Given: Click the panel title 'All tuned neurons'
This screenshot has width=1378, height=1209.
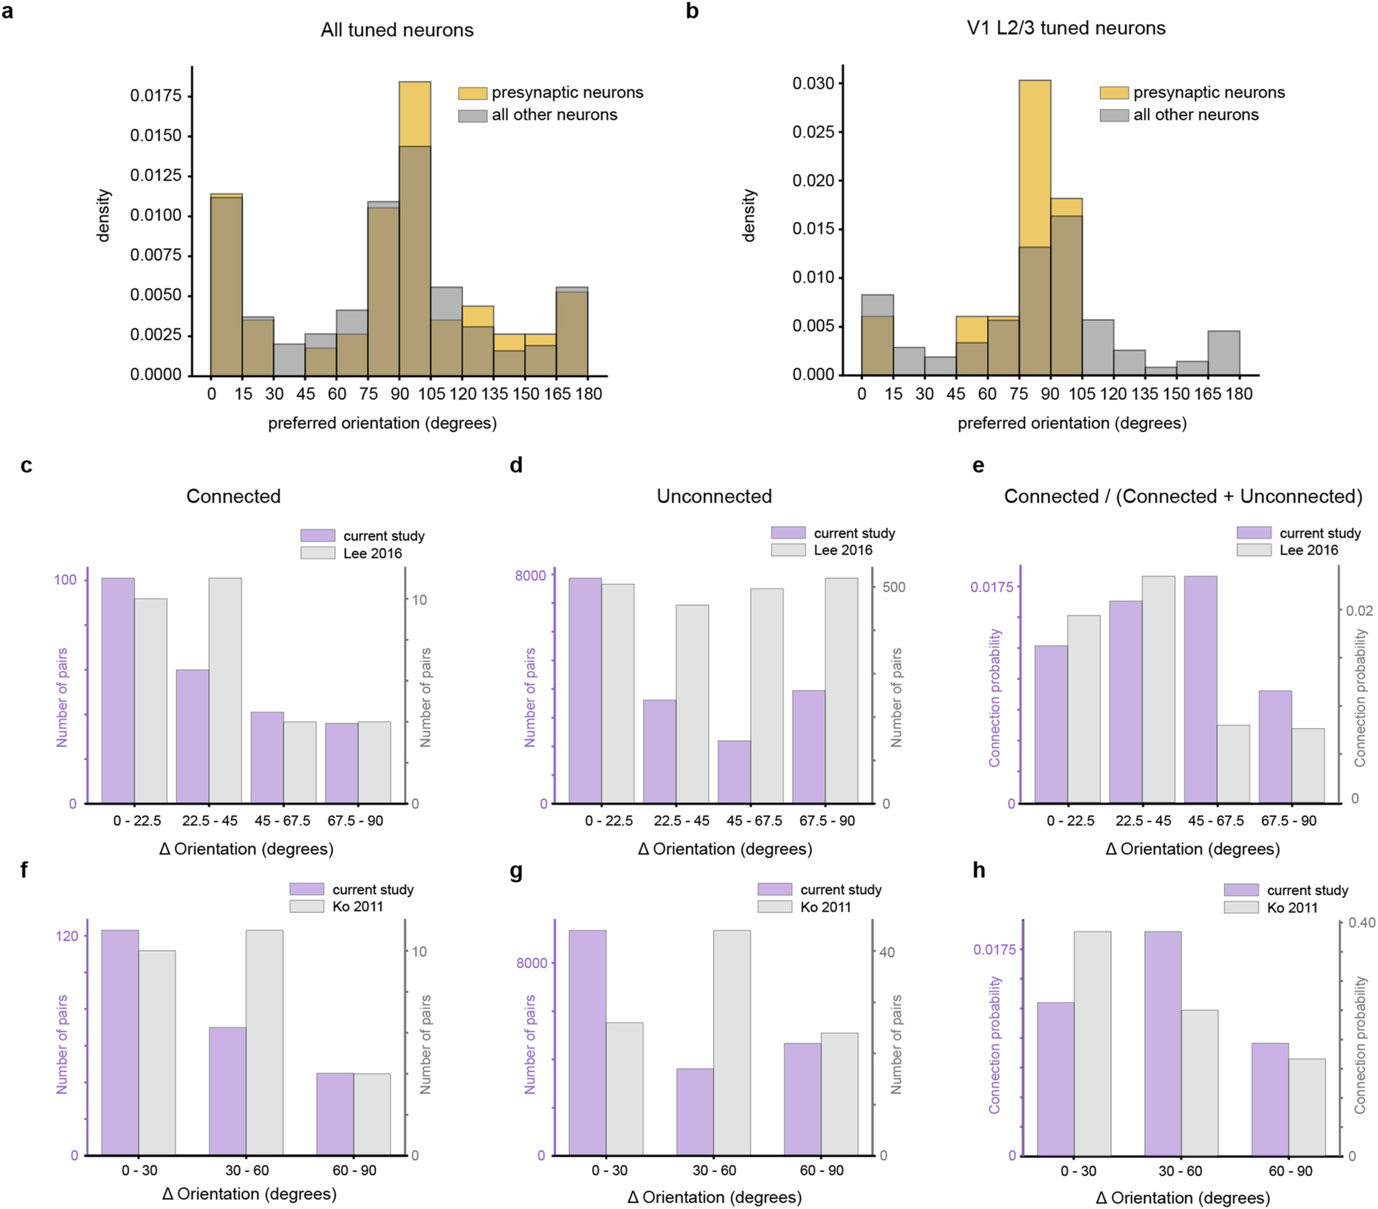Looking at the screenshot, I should (397, 30).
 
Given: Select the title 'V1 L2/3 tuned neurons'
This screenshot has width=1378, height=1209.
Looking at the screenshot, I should (1066, 28).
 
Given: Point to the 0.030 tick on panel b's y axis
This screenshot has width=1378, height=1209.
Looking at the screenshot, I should (813, 84).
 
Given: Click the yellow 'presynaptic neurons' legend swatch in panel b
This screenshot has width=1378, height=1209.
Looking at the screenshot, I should (1114, 92).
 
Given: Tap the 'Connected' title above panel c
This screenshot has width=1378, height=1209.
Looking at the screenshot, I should (233, 496).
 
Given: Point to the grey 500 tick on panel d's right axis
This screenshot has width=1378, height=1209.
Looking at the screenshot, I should (894, 587).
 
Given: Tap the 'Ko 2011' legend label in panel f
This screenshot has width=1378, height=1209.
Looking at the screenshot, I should (357, 906).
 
